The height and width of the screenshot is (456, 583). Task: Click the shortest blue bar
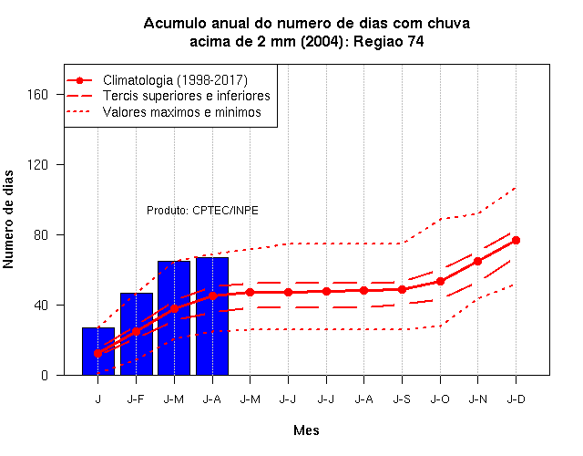coord(98,351)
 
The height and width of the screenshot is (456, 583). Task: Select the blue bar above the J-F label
coord(137,334)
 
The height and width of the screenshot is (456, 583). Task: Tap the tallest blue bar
coord(212,316)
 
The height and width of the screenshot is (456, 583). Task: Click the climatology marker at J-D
coord(516,241)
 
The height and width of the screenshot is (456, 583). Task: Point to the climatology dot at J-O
coord(440,282)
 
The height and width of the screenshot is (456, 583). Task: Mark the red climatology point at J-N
coord(477,262)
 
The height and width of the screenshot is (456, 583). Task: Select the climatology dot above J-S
coord(402,289)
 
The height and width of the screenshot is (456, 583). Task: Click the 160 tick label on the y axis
coord(37,95)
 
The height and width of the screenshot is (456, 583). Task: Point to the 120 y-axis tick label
coord(37,164)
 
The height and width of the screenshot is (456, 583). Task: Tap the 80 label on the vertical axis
coord(41,235)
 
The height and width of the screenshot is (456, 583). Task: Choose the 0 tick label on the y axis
coord(45,375)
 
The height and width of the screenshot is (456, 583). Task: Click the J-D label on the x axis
coord(517,399)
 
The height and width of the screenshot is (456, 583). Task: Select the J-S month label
coord(402,399)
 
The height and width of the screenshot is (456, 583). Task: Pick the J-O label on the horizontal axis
coord(440,399)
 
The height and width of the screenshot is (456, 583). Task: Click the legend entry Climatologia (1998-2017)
coord(175,80)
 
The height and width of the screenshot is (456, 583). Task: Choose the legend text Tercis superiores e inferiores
coord(186,96)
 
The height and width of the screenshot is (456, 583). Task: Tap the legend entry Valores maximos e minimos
coord(182,112)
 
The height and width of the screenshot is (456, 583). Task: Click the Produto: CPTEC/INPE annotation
coord(202,211)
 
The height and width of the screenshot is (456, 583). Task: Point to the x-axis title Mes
coord(306,430)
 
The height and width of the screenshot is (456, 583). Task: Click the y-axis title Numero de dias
coord(8,220)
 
